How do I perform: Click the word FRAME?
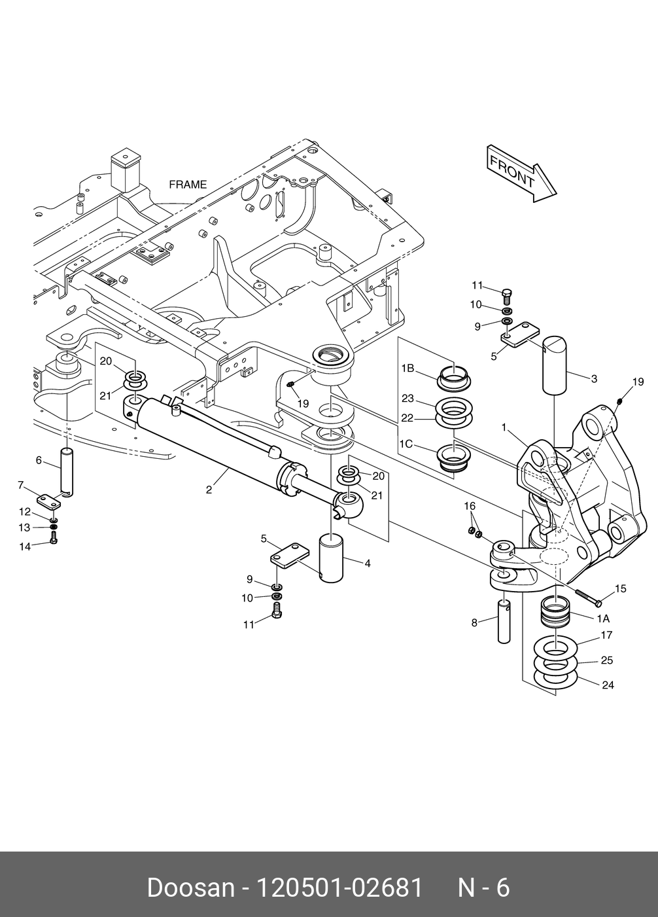(x=188, y=185)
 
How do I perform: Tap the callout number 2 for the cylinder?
(x=209, y=490)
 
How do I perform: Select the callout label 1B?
(x=408, y=369)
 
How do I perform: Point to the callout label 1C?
(x=406, y=444)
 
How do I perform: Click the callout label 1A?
(x=603, y=619)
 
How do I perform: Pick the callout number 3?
(x=594, y=379)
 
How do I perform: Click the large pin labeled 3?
(x=555, y=365)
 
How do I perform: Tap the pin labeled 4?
(x=331, y=557)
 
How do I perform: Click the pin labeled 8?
(x=504, y=621)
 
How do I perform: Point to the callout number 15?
(x=620, y=588)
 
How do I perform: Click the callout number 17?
(x=606, y=635)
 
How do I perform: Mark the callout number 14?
(x=25, y=547)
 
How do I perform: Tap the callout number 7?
(x=20, y=485)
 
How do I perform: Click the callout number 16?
(x=470, y=507)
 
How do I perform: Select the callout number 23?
(x=408, y=399)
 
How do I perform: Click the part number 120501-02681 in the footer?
(x=339, y=888)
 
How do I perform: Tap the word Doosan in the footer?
(x=191, y=888)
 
